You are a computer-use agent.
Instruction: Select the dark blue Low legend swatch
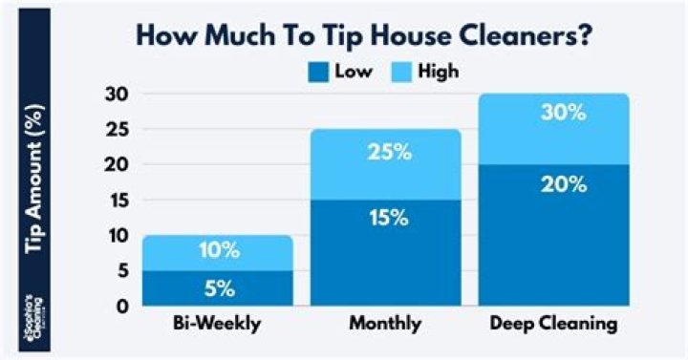tap(318, 71)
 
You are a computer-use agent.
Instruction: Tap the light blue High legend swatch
tap(401, 71)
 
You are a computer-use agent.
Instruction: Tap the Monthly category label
tap(386, 325)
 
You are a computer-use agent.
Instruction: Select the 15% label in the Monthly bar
tap(386, 218)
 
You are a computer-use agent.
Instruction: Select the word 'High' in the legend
tap(438, 71)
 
